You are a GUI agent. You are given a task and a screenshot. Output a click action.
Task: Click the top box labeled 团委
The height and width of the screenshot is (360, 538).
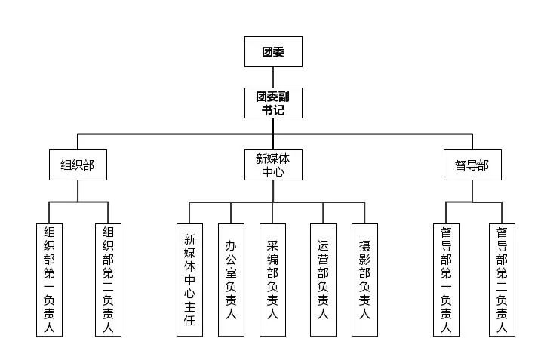273,51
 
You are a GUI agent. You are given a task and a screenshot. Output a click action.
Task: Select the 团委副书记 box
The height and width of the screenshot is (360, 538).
273,103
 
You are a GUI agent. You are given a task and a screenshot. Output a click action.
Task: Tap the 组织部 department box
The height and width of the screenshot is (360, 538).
78,165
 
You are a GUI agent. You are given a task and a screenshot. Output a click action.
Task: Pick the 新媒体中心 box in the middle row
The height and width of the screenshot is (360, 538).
273,165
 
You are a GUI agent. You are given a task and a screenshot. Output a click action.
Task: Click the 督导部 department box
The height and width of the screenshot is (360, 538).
472,165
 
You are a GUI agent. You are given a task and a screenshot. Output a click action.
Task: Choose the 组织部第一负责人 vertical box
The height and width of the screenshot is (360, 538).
50,279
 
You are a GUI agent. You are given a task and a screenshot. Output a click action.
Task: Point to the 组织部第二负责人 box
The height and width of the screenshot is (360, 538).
109,279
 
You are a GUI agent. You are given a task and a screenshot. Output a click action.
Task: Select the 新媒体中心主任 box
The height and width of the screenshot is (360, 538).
189,279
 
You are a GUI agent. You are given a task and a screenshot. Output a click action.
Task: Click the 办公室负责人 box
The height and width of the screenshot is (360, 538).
231,279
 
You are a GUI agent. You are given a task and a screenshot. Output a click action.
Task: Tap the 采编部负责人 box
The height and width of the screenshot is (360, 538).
272,279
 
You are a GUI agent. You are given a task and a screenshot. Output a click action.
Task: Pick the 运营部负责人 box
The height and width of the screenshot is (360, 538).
323,279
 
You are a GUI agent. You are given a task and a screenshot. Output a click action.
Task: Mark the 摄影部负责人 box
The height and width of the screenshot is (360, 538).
364,279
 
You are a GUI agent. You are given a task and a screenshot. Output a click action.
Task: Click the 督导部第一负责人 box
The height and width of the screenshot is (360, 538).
446,279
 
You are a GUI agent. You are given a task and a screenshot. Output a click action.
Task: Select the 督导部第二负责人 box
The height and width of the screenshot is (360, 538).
502,279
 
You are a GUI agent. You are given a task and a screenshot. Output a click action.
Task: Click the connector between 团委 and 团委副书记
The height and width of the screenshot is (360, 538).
273,78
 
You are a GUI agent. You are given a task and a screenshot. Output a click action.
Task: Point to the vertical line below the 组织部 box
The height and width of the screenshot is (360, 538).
78,191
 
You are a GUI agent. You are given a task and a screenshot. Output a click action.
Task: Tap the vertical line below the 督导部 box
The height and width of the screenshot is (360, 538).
472,191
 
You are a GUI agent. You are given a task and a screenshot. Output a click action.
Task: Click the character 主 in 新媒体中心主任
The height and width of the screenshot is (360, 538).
189,303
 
